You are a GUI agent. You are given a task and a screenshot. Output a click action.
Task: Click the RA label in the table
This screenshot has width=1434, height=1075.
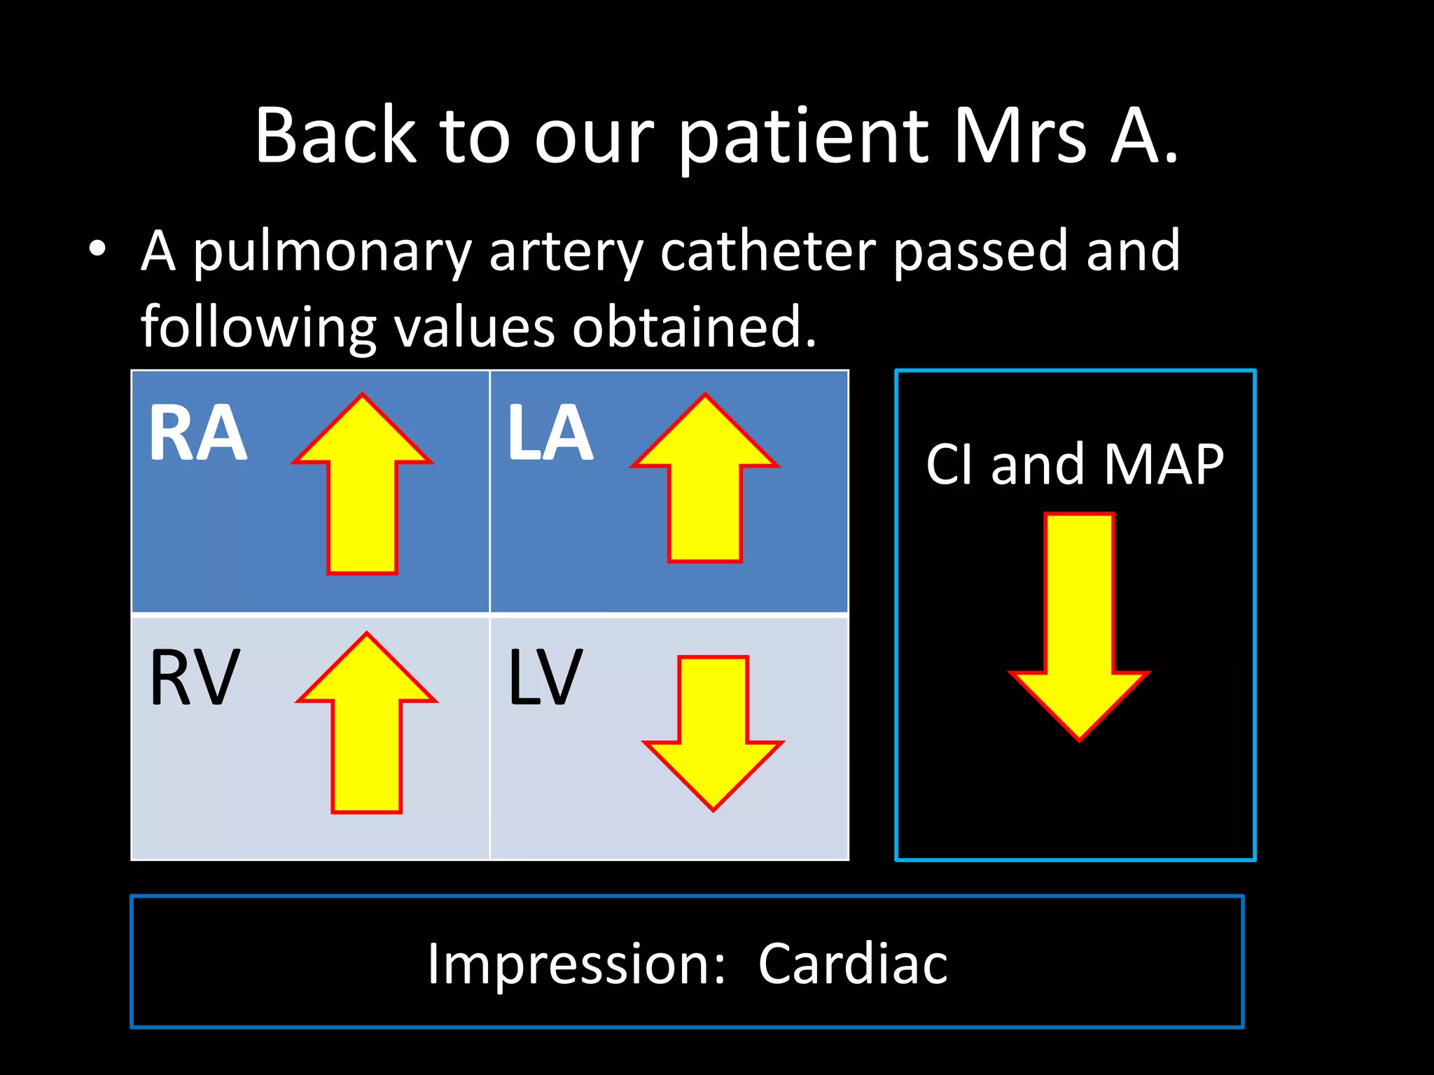[x=198, y=434]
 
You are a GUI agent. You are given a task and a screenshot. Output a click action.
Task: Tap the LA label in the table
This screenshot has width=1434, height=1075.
[x=550, y=434]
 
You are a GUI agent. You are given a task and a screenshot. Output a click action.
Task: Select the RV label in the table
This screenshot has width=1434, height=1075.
[x=195, y=677]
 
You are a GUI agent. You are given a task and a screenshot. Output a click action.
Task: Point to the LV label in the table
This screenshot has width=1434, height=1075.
[x=545, y=677]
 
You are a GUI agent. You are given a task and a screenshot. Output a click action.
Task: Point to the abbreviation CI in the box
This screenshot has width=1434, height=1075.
[x=949, y=464]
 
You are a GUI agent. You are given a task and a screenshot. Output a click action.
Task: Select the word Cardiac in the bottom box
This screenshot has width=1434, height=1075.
[x=852, y=964]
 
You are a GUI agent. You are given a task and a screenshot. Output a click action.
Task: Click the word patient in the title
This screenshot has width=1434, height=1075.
[x=804, y=136]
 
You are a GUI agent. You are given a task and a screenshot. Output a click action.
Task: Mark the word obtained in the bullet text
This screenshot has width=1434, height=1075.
[x=694, y=327]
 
